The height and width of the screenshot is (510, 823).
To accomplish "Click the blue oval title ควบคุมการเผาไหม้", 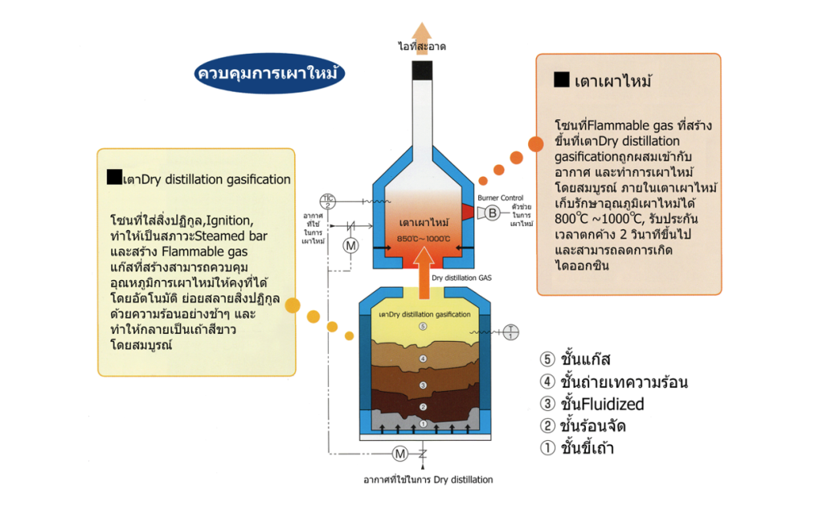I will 269,73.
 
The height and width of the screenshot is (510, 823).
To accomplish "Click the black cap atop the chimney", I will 423,70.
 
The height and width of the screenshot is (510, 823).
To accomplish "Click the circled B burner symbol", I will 491,212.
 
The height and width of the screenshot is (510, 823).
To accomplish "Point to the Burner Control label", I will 501,196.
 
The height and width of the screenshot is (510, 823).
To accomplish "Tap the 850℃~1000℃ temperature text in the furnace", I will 423,238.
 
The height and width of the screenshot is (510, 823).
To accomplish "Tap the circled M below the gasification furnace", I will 399,455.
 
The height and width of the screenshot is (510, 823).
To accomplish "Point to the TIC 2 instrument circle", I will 328,201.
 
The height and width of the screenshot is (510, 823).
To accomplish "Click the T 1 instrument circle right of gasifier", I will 513,331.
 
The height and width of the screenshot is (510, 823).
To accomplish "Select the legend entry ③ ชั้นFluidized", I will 593,404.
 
